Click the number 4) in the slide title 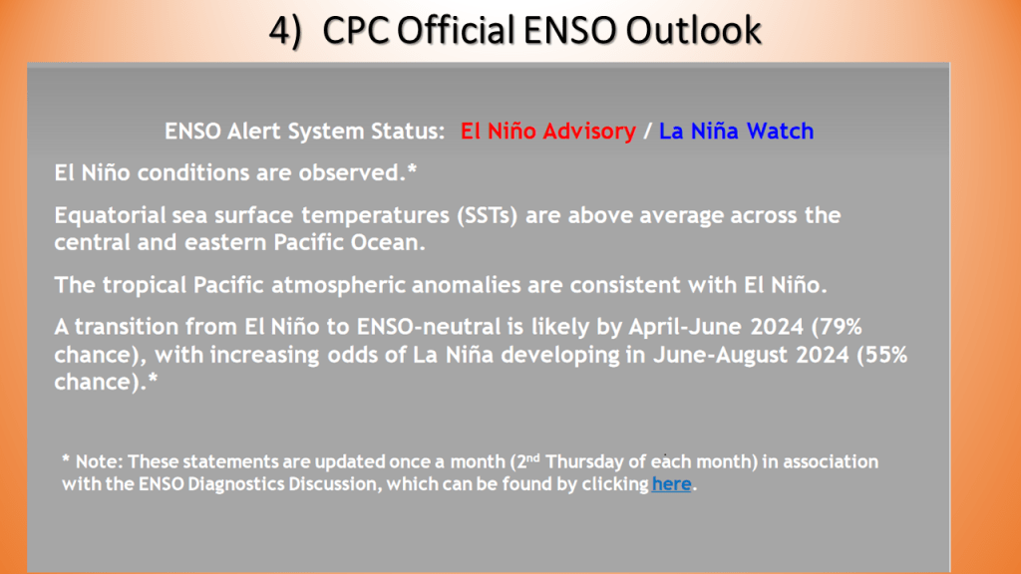point(286,31)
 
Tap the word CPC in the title point(356,30)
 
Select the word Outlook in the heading point(693,30)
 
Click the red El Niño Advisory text point(548,131)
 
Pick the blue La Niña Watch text point(737,131)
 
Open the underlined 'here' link point(671,483)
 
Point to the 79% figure point(837,326)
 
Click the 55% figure point(881,355)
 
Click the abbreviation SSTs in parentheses point(487,215)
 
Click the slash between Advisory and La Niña point(647,132)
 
